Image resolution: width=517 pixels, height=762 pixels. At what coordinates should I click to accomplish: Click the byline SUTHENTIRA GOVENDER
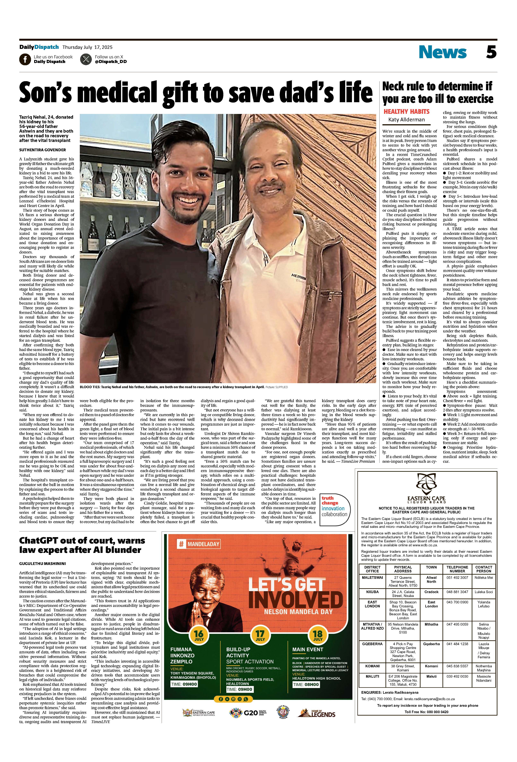[x=42, y=150]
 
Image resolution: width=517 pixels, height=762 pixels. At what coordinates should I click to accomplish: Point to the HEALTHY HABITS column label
[x=406, y=112]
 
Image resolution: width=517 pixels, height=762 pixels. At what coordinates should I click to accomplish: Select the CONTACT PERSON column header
[x=484, y=569]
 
